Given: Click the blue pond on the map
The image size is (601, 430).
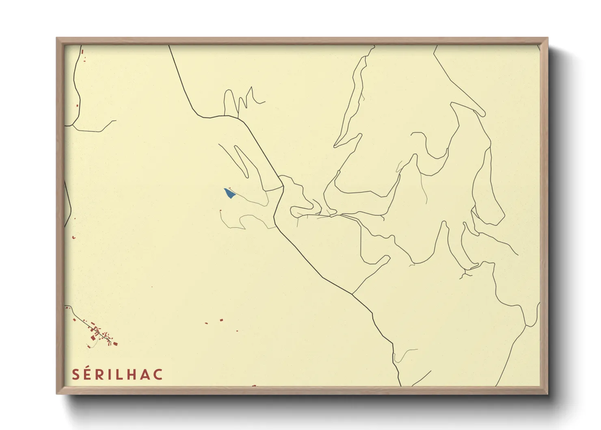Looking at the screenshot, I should tap(229, 193).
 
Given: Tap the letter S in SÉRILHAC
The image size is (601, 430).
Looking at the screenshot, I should tap(76, 375).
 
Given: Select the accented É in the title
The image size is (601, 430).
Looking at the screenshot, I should tap(88, 375).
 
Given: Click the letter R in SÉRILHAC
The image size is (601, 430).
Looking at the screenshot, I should tap(99, 375).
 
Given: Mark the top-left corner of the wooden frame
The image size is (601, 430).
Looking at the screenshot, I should tap(57, 38).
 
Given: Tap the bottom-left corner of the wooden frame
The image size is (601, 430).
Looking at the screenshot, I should tap(57, 393).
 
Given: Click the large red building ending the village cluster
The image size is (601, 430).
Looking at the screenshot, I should tap(115, 344).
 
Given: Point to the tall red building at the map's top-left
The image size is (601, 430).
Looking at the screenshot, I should tap(82, 52).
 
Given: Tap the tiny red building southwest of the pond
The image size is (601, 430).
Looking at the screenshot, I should tap(221, 211).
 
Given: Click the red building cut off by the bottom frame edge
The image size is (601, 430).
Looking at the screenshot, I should tap(254, 385).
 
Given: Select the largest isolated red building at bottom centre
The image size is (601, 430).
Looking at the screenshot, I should tap(221, 320).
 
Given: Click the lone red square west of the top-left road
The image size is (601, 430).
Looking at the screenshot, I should tap(77, 106).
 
